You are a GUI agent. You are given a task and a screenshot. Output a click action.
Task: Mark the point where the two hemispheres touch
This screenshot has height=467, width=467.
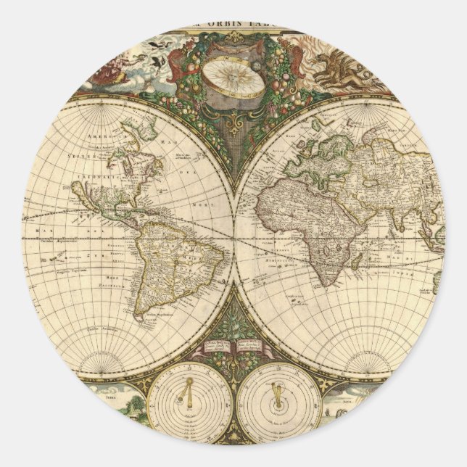point(234,236)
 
